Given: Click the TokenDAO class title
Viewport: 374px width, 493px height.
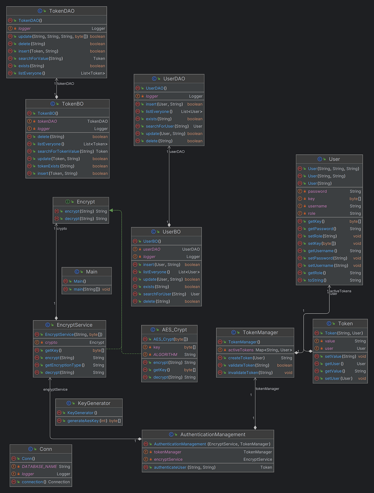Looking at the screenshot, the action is tap(62, 11).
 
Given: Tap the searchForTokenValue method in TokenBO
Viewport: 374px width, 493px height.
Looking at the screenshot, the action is tap(58, 151).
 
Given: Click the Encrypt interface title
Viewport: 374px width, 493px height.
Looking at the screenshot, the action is tap(86, 202).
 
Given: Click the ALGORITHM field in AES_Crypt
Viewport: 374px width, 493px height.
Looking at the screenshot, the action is tap(165, 355).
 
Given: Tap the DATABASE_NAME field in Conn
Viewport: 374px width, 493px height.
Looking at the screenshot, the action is tap(39, 466).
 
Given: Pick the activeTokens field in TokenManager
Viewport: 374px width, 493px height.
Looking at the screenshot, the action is tap(241, 350).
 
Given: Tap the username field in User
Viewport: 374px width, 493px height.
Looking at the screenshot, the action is tap(317, 206).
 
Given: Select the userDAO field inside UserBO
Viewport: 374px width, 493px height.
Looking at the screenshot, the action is tap(152, 249).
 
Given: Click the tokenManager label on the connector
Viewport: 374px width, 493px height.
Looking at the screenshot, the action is tap(267, 389).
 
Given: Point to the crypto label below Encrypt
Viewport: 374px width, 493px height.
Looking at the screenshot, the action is tap(62, 229).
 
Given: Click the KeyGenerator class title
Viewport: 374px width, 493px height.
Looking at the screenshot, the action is tap(94, 403).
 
